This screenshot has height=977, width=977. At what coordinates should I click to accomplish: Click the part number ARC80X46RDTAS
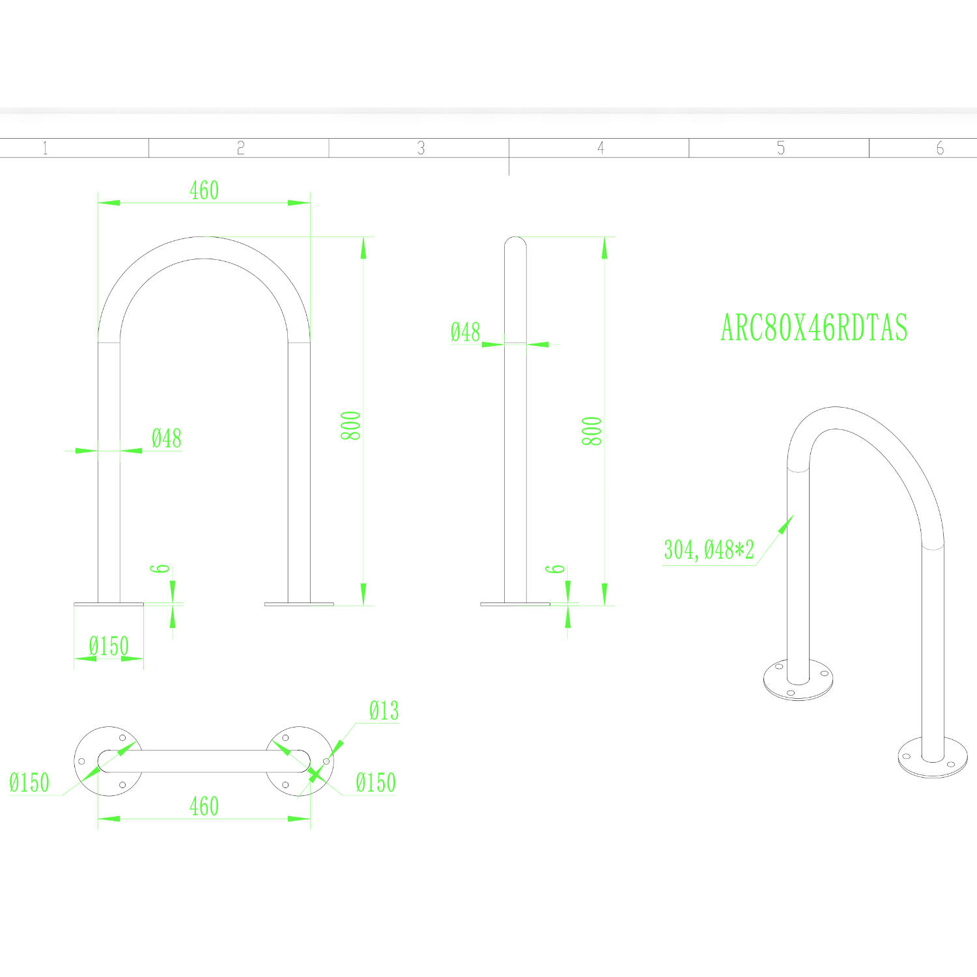pos(814,328)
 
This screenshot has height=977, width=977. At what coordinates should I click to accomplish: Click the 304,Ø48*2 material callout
pos(709,550)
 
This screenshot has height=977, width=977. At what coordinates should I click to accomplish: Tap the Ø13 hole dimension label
pos(384,711)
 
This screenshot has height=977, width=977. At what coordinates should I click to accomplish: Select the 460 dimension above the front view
pos(204,190)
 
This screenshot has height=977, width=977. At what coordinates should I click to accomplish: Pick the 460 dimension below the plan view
pos(204,806)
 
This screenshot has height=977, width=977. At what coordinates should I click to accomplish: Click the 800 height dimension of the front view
pos(351,425)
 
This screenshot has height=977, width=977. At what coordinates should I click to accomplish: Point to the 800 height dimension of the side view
pos(591,431)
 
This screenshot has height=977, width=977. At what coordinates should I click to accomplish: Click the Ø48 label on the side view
pos(465,332)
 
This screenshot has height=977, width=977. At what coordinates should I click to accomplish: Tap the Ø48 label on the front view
pos(166,438)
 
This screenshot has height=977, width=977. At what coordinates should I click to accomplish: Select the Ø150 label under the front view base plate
pos(109,646)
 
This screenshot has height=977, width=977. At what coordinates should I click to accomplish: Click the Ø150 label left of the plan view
pos(29,782)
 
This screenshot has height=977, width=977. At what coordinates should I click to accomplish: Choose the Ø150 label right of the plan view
pos(376,782)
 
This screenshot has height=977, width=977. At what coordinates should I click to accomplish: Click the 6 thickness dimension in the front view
pos(160,569)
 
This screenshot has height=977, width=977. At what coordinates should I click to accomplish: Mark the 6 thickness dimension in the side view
pos(555,569)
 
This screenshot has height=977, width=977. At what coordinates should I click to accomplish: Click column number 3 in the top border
pos(421,149)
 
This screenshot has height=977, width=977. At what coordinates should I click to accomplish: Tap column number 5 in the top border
pos(780,149)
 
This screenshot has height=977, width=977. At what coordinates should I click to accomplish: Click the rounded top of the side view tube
pos(515,240)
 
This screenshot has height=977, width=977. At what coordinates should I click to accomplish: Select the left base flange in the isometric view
pos(799,680)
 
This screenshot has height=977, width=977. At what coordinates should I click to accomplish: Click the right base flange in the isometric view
pos(933,758)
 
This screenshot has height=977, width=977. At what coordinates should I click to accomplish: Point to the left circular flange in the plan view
pos(109,761)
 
